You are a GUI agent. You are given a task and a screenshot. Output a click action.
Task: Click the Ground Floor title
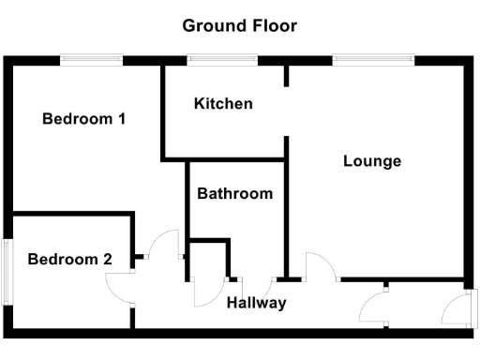tap(239, 25)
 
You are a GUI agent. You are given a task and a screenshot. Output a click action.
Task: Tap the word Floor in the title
tap(274, 25)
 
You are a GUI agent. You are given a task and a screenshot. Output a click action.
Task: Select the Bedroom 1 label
tap(83, 119)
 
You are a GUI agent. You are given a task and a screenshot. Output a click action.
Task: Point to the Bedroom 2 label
tap(63, 260)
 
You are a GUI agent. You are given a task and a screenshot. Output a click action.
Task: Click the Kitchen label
tap(223, 103)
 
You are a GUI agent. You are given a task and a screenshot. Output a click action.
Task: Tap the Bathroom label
tap(234, 194)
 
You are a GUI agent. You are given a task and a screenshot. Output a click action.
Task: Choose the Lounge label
tap(372, 161)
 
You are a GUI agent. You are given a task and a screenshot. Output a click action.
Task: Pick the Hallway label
tap(256, 303)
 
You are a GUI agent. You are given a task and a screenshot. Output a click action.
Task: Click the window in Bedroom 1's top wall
tap(91, 61)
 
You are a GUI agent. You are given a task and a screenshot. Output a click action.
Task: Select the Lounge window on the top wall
tap(373, 61)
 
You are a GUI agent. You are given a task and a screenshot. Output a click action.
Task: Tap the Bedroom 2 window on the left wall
tap(7, 272)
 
